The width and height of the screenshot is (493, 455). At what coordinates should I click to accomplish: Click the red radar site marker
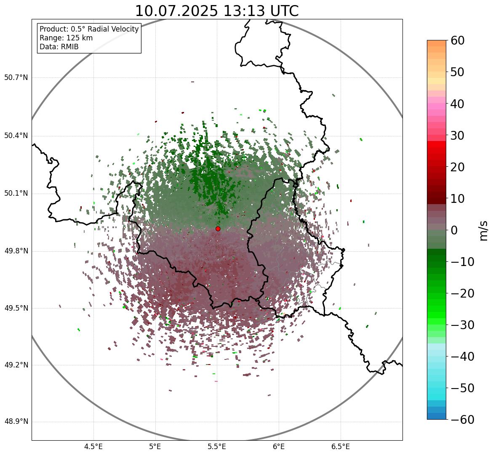pyautogui.click(x=218, y=229)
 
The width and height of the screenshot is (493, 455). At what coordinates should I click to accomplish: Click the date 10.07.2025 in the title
pyautogui.click(x=176, y=11)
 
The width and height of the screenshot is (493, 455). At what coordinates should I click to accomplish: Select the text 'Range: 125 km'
pyautogui.click(x=66, y=38)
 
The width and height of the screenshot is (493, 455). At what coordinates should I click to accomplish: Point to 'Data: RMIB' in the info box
pyautogui.click(x=59, y=47)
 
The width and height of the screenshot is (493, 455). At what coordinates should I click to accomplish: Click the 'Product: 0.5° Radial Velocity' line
pyautogui.click(x=89, y=29)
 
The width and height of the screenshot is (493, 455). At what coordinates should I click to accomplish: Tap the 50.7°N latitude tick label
pyautogui.click(x=16, y=78)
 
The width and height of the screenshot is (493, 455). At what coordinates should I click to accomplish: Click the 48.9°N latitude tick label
pyautogui.click(x=16, y=422)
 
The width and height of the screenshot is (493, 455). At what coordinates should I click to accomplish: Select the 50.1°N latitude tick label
pyautogui.click(x=16, y=194)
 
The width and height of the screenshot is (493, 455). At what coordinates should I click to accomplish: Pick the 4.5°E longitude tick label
pyautogui.click(x=93, y=446)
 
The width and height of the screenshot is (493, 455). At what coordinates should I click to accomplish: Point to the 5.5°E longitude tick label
pyautogui.click(x=217, y=446)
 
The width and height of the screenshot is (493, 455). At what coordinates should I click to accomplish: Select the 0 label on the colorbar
pyautogui.click(x=454, y=230)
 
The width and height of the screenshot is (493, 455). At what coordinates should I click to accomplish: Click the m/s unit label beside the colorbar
pyautogui.click(x=484, y=230)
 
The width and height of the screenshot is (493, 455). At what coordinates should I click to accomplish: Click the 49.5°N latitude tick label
pyautogui.click(x=16, y=309)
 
